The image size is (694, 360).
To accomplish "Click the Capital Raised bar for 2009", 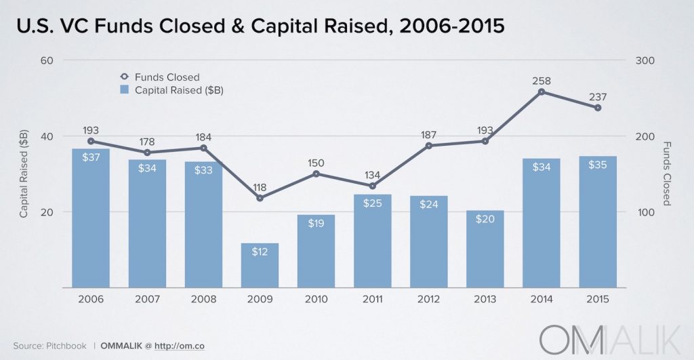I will [x=260, y=265].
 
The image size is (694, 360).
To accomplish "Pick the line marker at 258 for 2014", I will [x=542, y=92].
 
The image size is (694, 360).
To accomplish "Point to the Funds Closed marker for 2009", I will [x=260, y=198].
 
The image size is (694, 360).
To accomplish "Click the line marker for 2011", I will [x=372, y=186].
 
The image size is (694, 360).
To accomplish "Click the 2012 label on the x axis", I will [x=428, y=299].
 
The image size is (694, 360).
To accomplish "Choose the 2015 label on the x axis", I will [x=597, y=299].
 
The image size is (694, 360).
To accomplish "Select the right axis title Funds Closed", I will [x=667, y=174].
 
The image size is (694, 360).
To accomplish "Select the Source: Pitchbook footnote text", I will [x=49, y=346].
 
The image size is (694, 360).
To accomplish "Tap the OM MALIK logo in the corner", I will [x=613, y=336].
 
